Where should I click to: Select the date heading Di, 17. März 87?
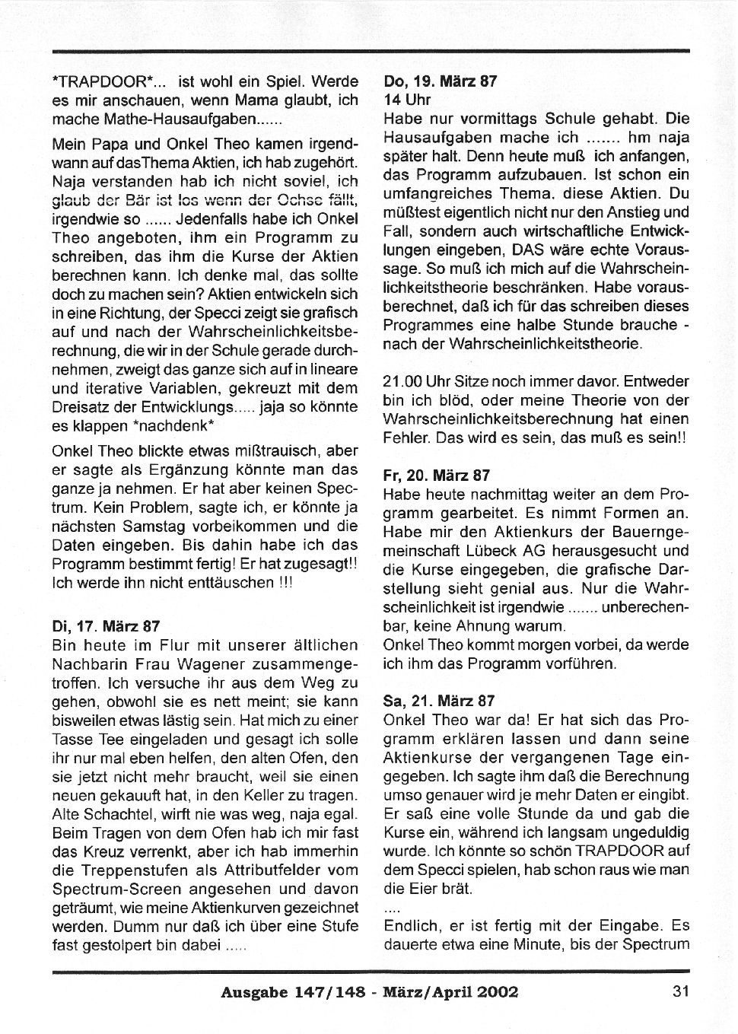pos(106,626)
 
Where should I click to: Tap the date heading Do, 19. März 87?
pos(441,81)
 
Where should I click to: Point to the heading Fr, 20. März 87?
pos(437,476)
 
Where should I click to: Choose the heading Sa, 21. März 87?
pos(440,701)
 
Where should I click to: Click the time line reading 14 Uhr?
pos(408,100)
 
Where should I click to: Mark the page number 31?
pos(681,991)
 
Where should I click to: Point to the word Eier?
pos(425,889)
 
